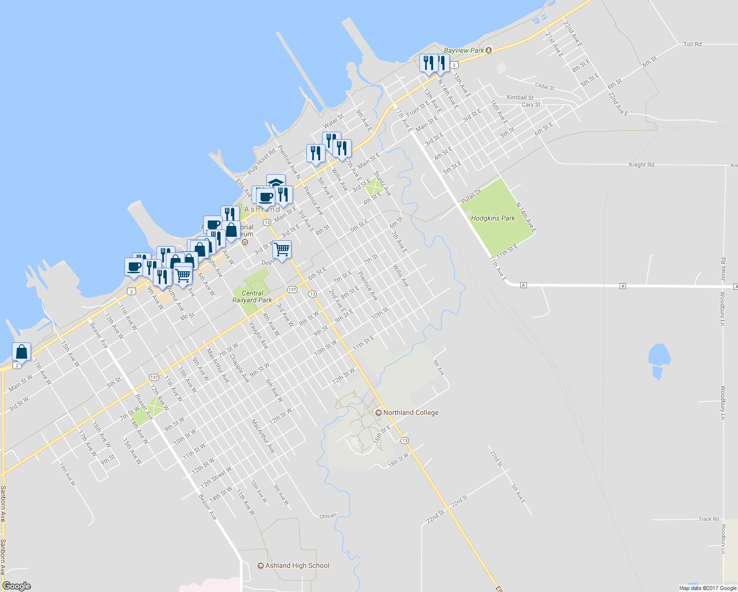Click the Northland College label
pyautogui.click(x=410, y=412)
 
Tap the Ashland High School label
pyautogui.click(x=297, y=565)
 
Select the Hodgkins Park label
pyautogui.click(x=493, y=218)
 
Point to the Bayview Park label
pyautogui.click(x=464, y=50)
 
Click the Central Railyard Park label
pyautogui.click(x=252, y=296)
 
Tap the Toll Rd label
pyautogui.click(x=692, y=44)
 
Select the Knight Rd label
pyautogui.click(x=641, y=165)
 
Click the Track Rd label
pyautogui.click(x=708, y=519)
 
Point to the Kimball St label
pyautogui.click(x=520, y=98)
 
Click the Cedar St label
pyautogui.click(x=545, y=86)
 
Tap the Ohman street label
pyautogui.click(x=328, y=516)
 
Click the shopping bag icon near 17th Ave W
pyautogui.click(x=21, y=352)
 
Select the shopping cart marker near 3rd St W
pyautogui.click(x=282, y=250)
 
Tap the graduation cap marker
pyautogui.click(x=276, y=182)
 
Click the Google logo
pyautogui.click(x=16, y=586)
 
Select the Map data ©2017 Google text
pyautogui.click(x=707, y=588)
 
